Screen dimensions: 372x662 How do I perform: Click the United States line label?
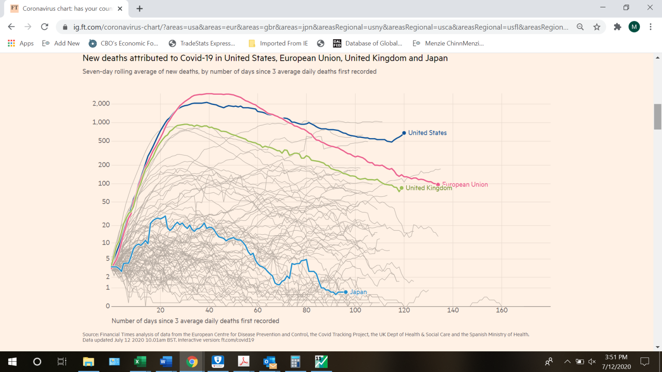click(427, 133)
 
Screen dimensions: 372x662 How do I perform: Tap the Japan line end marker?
click(346, 292)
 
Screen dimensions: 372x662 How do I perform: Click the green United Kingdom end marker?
click(402, 188)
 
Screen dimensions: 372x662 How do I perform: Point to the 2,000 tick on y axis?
click(101, 104)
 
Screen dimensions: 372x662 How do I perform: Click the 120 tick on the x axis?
click(404, 310)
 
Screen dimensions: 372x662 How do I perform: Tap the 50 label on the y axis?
click(106, 201)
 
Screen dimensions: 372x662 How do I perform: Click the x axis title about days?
click(195, 321)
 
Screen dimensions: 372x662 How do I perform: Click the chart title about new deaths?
click(265, 58)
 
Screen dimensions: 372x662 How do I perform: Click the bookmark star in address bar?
click(596, 27)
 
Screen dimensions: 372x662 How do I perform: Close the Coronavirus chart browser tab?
click(120, 9)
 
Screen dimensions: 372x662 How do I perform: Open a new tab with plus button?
click(139, 9)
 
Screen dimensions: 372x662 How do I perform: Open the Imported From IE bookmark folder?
click(278, 43)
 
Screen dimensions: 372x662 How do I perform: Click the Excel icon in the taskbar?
click(140, 362)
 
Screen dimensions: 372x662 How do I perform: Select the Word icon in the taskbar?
click(166, 362)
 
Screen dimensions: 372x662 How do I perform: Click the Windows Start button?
click(12, 362)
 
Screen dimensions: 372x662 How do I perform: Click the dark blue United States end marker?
click(404, 133)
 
